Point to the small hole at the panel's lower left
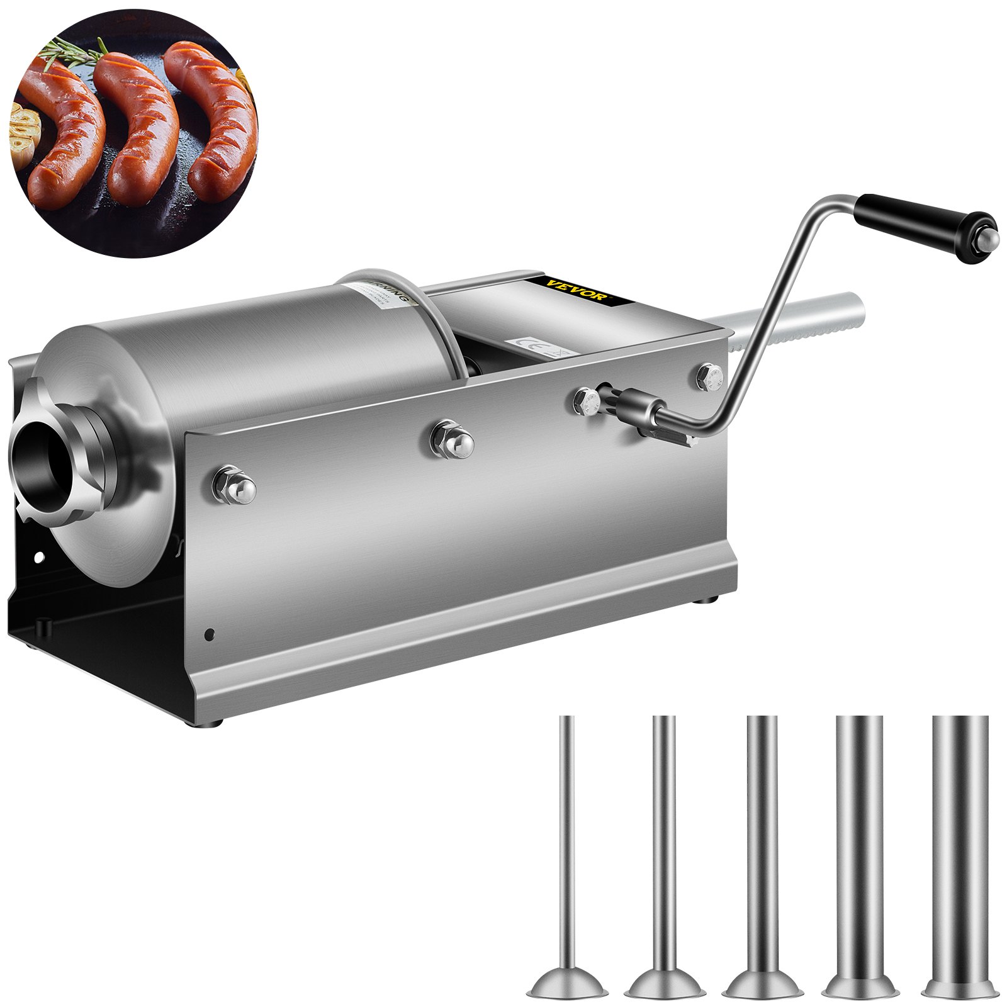[209, 635]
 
